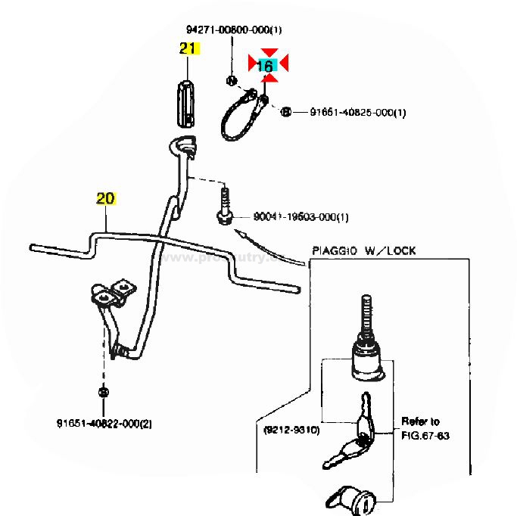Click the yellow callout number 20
coord(105,199)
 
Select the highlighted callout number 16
coord(266,67)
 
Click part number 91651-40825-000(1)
coord(358,113)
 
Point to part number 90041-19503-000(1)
coord(301,218)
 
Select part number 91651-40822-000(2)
coord(104,423)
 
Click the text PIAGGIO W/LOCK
coord(364,250)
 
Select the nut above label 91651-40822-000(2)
coord(103,392)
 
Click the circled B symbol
coord(286,113)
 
